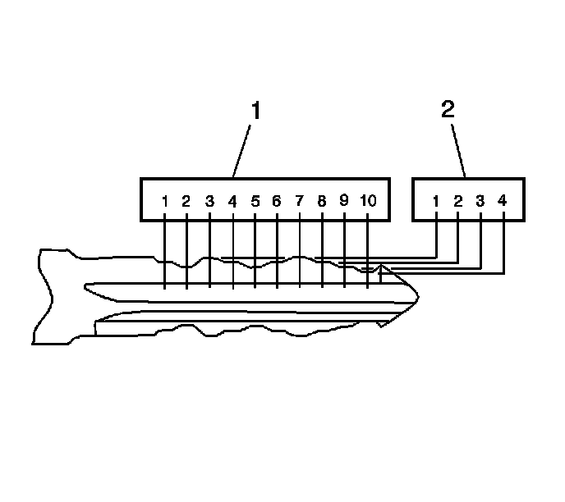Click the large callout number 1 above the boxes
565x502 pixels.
click(255, 111)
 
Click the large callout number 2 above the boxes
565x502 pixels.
click(448, 111)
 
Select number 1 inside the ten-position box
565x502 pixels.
click(165, 201)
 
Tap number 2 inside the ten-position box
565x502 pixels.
click(186, 201)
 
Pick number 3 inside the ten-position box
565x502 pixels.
click(209, 201)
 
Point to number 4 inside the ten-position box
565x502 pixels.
click(232, 201)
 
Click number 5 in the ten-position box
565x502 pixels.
click(255, 201)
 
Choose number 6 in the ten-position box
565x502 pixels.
click(277, 201)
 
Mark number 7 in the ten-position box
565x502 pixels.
click(299, 201)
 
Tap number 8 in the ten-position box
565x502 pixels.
click(322, 201)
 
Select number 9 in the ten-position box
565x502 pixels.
click(344, 200)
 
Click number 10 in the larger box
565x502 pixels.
click(369, 201)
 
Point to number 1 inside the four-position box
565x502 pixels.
click(436, 201)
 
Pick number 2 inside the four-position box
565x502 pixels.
click(458, 201)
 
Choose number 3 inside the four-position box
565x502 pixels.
click(480, 201)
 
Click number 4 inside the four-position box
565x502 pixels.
click(503, 201)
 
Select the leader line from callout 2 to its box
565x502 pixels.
click(457, 151)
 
